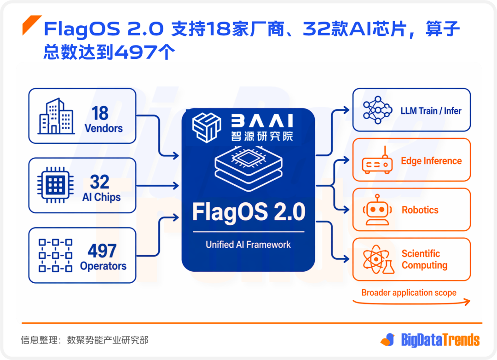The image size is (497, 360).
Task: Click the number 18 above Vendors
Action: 100,113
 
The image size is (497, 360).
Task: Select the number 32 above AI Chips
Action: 100,182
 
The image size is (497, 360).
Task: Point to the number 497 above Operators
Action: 102,251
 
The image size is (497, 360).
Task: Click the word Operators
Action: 103,266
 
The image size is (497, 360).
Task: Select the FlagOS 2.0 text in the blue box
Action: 248,212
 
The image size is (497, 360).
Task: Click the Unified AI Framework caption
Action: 248,245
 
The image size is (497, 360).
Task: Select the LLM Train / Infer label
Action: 431,111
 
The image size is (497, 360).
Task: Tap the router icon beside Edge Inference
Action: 377,164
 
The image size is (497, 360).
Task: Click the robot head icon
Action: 378,210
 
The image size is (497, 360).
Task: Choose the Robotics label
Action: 420,210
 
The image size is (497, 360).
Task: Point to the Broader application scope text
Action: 409,293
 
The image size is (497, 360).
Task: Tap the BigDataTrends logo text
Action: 440,340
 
